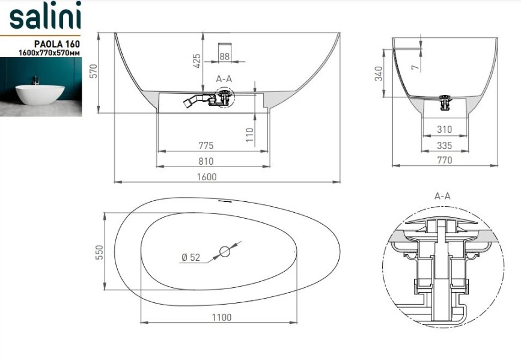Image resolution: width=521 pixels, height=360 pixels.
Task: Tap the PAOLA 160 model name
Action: click(x=57, y=44)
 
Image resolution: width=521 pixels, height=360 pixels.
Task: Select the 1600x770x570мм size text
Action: click(x=49, y=52)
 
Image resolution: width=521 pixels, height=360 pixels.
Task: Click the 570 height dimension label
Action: click(x=94, y=71)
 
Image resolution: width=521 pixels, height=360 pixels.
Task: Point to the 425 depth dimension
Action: click(x=197, y=61)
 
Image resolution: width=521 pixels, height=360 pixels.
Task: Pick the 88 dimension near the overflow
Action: click(x=224, y=56)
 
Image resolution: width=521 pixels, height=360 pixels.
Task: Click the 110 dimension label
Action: click(x=250, y=135)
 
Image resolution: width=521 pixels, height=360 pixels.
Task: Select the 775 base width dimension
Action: click(x=206, y=145)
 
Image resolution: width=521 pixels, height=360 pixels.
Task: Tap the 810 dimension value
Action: click(x=206, y=161)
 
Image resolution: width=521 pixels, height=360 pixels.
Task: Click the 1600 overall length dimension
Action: click(x=207, y=177)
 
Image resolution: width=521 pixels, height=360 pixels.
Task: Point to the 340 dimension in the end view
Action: click(x=379, y=73)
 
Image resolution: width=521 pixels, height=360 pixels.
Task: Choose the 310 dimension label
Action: click(x=444, y=129)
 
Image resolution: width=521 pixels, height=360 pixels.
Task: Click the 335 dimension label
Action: click(x=444, y=145)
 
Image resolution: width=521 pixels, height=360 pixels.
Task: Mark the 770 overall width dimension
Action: click(x=445, y=160)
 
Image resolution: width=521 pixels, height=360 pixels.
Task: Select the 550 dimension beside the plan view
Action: click(x=99, y=252)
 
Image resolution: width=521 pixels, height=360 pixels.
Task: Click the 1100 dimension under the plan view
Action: click(x=222, y=317)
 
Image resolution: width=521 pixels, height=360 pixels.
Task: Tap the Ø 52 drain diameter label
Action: click(x=191, y=257)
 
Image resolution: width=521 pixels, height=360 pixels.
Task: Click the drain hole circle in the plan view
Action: click(x=225, y=252)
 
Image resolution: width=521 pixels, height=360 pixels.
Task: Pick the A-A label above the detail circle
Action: click(x=442, y=196)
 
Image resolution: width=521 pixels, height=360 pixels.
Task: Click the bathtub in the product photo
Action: click(x=40, y=94)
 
